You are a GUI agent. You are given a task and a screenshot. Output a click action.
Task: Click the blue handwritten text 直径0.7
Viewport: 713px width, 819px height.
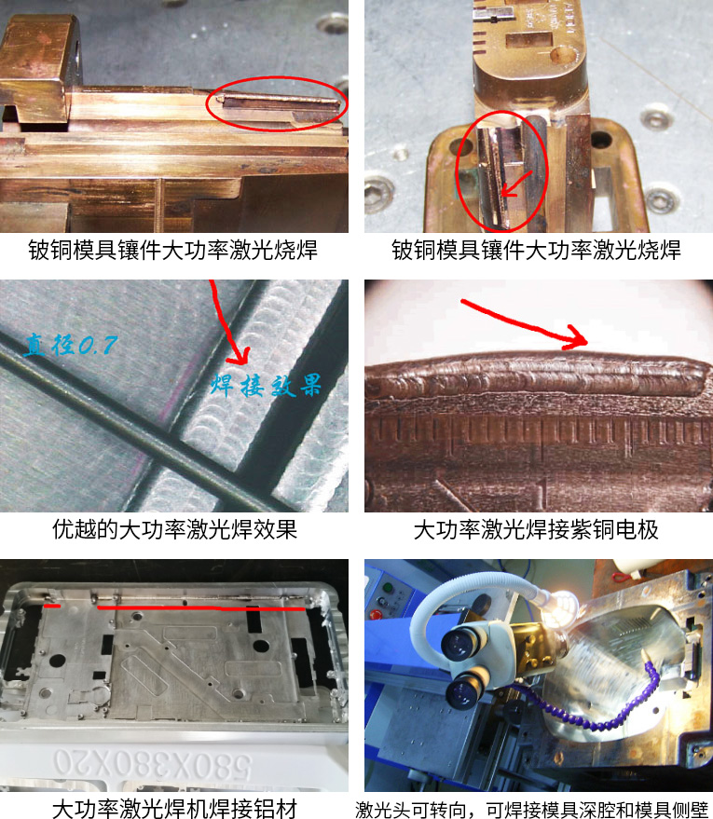tap(71, 345)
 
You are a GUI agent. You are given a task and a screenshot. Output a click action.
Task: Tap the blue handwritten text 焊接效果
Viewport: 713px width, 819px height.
tap(266, 386)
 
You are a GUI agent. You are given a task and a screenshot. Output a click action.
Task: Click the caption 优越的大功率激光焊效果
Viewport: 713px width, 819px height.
tap(174, 529)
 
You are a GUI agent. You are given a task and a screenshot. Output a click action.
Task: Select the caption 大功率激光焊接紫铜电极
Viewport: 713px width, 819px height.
tap(536, 529)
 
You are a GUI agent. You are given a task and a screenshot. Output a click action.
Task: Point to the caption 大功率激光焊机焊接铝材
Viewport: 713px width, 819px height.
tap(174, 808)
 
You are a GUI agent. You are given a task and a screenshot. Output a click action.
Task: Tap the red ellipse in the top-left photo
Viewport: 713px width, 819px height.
tap(276, 79)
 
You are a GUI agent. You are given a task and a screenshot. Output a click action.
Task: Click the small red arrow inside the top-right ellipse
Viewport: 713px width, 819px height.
tap(516, 184)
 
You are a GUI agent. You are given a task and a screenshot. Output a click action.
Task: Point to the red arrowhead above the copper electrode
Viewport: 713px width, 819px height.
tap(577, 338)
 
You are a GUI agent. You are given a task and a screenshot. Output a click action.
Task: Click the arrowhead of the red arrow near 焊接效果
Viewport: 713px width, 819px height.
tap(239, 355)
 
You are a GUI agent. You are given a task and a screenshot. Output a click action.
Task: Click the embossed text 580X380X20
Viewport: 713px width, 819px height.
tap(152, 764)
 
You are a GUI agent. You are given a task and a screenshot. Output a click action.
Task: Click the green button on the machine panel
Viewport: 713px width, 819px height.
tap(387, 588)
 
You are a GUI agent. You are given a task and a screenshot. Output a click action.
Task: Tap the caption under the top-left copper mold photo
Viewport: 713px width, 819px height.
tap(173, 250)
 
